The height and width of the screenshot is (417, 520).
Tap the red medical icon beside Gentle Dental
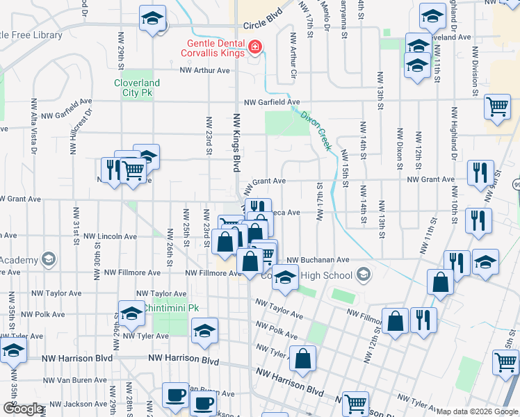[255, 47]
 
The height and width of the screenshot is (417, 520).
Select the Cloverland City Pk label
[137, 88]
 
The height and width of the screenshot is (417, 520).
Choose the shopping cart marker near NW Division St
[498, 107]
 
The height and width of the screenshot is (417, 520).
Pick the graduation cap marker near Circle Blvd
[152, 19]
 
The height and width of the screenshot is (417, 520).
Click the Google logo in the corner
[23, 409]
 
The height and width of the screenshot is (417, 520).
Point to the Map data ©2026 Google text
[476, 411]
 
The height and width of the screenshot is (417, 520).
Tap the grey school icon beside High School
[363, 275]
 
